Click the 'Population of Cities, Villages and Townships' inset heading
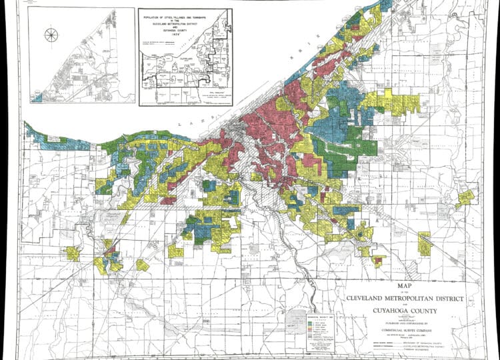point(185,17)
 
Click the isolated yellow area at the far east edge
point(465,197)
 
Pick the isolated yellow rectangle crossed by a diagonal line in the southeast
point(425,243)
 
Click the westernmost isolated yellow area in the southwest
point(72,253)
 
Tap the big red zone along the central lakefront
point(267,123)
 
